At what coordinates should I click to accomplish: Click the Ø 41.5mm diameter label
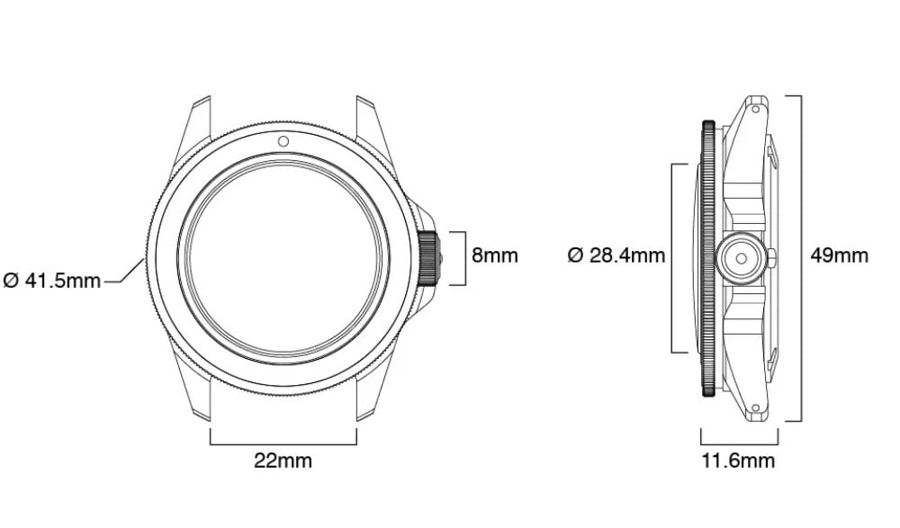point(52,281)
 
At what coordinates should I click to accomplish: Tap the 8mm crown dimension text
point(495,255)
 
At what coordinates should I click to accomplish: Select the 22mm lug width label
point(283,461)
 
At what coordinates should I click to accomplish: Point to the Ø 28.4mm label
point(616,255)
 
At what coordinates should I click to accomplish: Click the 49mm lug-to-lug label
point(839,255)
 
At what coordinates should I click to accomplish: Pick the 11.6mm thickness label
point(738,461)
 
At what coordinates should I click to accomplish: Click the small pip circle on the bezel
point(283,141)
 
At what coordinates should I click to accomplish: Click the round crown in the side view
point(741,259)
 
